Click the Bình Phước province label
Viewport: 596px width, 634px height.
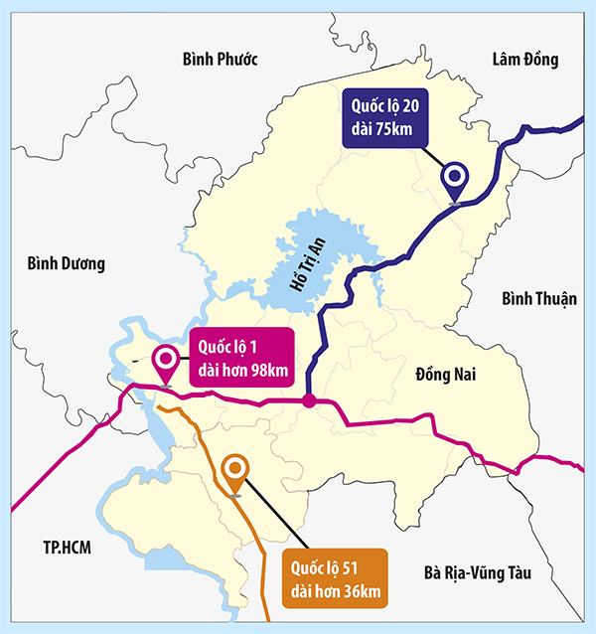[x=221, y=60]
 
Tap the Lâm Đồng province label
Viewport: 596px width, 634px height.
[x=525, y=60]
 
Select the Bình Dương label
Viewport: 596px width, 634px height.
[x=66, y=263]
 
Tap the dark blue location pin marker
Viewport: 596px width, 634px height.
[x=455, y=179]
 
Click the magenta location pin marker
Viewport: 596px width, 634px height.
[x=165, y=362]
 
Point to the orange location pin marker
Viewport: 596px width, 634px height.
[x=235, y=470]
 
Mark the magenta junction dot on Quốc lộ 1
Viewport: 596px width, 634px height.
[x=309, y=401]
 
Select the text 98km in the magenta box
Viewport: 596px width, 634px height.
[x=267, y=372]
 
